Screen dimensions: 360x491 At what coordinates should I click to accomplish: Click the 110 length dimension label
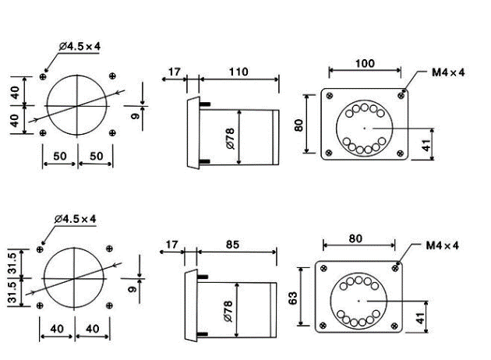pyautogui.click(x=238, y=72)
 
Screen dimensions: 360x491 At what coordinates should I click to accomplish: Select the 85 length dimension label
pyautogui.click(x=231, y=244)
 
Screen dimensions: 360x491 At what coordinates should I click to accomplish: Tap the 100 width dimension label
pyautogui.click(x=365, y=63)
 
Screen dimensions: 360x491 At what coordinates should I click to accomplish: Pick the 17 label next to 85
pyautogui.click(x=170, y=244)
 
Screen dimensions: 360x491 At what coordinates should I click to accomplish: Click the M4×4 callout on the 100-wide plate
pyautogui.click(x=448, y=72)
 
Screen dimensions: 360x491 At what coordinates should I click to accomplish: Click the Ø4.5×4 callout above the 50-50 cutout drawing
pyautogui.click(x=82, y=47)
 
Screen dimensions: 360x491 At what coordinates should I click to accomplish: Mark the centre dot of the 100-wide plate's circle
pyautogui.click(x=365, y=125)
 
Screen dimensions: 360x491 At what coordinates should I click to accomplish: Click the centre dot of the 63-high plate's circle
pyautogui.click(x=359, y=298)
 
